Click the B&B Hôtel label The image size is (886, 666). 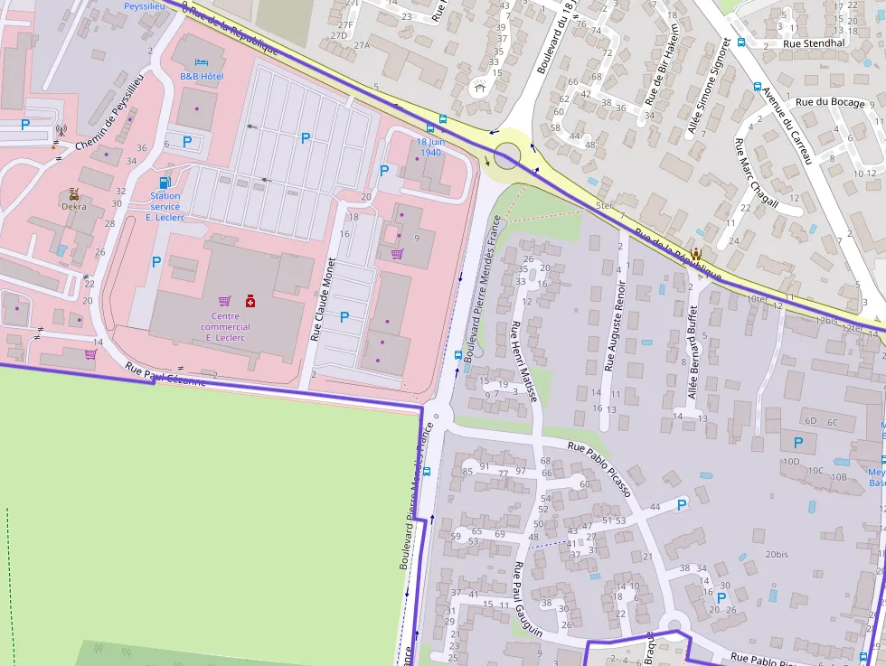coord(202,77)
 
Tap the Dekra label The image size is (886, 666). coord(74,206)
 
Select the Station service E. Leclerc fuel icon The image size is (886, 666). coord(165,183)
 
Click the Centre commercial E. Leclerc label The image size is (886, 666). coord(225,326)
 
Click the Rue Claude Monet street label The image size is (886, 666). coord(323,299)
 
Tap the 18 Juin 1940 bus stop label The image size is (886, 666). coord(429,146)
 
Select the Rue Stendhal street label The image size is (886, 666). coord(814,42)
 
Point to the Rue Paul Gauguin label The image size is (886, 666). coord(527,599)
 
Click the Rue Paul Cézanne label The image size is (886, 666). coord(165,374)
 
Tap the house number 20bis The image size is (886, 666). coord(777,554)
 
